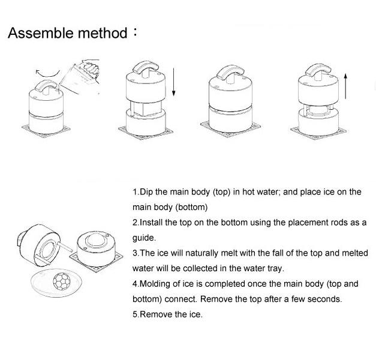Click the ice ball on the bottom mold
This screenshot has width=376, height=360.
97,241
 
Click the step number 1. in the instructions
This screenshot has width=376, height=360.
136,192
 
